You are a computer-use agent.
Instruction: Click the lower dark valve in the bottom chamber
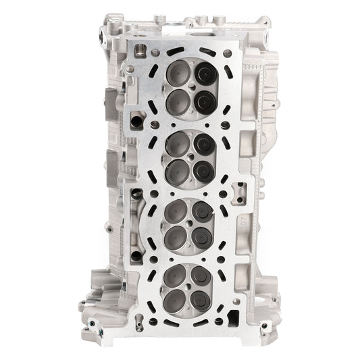(x=201, y=300)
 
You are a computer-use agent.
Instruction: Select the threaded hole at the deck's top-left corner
(x=140, y=49)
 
